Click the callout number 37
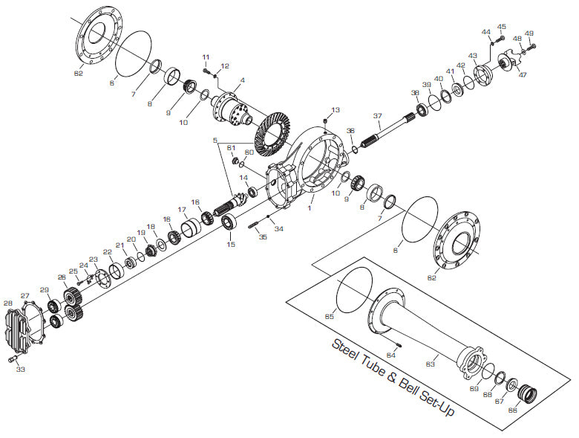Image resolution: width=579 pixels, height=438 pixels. (377, 115)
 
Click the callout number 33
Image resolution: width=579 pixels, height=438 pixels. (20, 369)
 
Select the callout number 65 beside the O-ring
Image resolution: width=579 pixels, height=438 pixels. (330, 317)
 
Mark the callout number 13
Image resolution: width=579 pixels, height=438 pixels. (336, 110)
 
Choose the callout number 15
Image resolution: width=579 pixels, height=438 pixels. (231, 244)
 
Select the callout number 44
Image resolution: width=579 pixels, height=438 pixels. (486, 32)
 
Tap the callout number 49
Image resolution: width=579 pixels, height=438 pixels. (529, 33)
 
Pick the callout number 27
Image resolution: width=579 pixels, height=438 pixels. (25, 295)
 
